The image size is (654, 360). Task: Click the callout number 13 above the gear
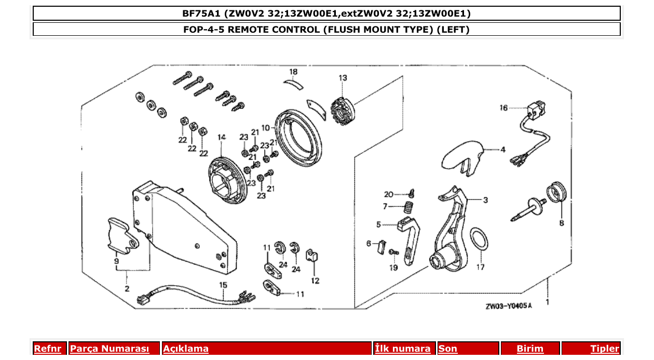pyautogui.click(x=343, y=78)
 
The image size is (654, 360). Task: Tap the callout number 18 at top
pyautogui.click(x=294, y=72)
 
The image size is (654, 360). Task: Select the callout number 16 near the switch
pyautogui.click(x=503, y=108)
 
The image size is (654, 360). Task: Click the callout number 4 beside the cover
pyautogui.click(x=502, y=149)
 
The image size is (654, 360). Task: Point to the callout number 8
pyautogui.click(x=561, y=224)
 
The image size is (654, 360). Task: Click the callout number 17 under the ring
pyautogui.click(x=481, y=268)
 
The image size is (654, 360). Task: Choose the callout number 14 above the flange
pyautogui.click(x=222, y=137)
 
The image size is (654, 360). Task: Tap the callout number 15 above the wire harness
pyautogui.click(x=223, y=285)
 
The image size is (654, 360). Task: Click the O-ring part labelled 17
pyautogui.click(x=479, y=240)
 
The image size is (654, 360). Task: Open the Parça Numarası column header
pyautogui.click(x=110, y=349)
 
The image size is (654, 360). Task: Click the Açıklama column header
pyautogui.click(x=186, y=349)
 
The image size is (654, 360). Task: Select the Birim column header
pyautogui.click(x=530, y=349)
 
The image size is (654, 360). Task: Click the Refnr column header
pyautogui.click(x=47, y=349)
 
